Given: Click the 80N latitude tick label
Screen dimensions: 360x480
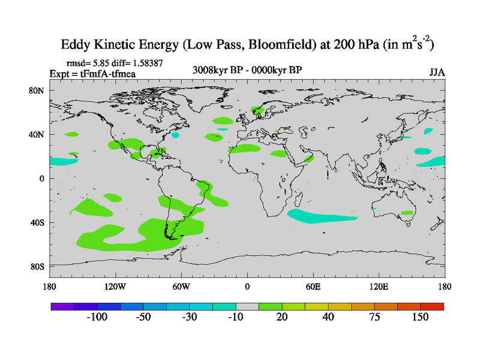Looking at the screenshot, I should (x=38, y=91).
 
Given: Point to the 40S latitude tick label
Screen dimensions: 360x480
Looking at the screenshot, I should (x=38, y=223).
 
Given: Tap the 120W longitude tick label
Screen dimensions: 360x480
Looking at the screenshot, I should (x=115, y=286).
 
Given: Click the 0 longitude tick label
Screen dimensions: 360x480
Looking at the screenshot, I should (x=247, y=286).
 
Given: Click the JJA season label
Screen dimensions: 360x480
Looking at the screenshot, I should (x=437, y=73).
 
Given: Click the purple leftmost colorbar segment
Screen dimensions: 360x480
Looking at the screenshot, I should (x=62, y=306).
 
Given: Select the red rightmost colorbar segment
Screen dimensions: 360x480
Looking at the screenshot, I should (x=432, y=306).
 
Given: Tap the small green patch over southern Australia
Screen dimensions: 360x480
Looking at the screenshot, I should (x=407, y=212).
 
